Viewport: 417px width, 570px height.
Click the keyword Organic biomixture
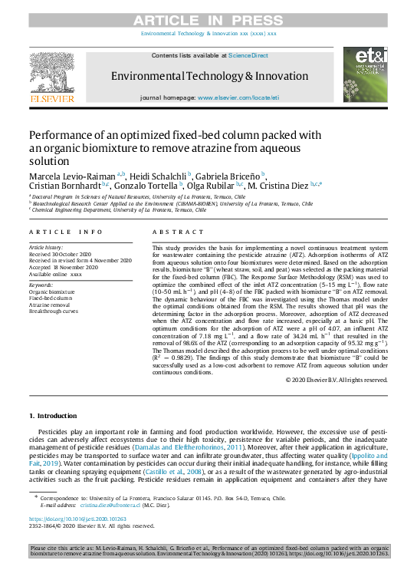pyautogui.click(x=52, y=292)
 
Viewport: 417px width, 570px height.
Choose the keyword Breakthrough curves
pyautogui.click(x=54, y=311)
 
